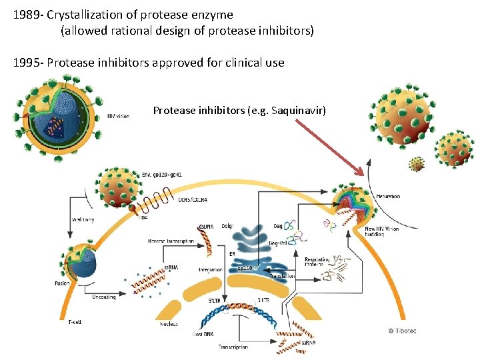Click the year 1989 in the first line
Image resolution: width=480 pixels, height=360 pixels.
(x=26, y=13)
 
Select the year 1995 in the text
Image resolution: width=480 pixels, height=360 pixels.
(x=26, y=63)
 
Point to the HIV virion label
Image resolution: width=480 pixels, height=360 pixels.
(x=119, y=116)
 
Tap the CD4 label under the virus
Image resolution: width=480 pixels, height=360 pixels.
(x=143, y=217)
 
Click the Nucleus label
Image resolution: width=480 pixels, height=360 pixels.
(x=169, y=325)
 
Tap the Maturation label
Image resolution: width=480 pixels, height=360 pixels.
(x=387, y=197)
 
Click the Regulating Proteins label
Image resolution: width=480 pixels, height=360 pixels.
(x=318, y=263)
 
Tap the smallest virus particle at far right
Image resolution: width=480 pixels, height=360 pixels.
(x=417, y=163)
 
